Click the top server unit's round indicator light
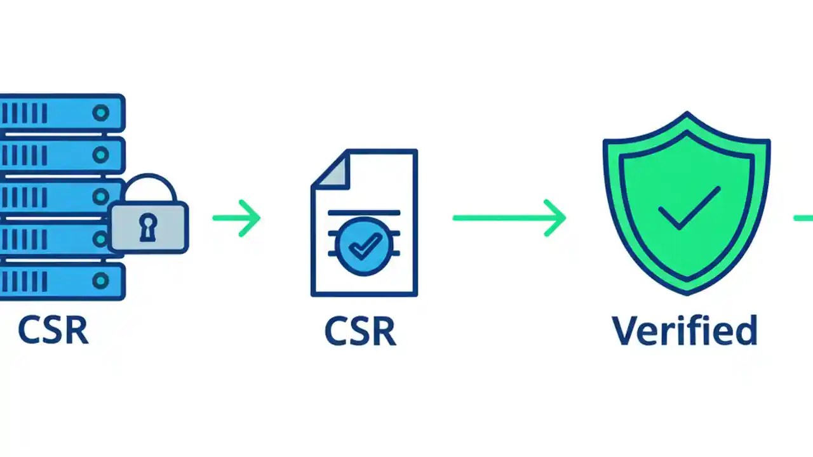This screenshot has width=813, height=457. tap(100, 114)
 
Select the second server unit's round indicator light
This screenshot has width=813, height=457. tap(100, 155)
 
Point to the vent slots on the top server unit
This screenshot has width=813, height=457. tap(24, 114)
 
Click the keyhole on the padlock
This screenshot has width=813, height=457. tap(148, 227)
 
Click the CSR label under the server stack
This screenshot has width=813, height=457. tap(53, 330)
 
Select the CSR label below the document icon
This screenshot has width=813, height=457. tap(360, 331)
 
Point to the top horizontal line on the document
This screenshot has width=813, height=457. tap(364, 211)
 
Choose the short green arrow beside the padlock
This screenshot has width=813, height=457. tap(237, 218)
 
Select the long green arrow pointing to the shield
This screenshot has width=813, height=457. tap(509, 218)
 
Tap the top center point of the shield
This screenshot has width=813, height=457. tap(687, 115)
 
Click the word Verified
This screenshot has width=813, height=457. tap(685, 330)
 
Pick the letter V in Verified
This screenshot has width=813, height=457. tap(626, 330)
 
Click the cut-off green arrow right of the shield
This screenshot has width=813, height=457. tap(803, 218)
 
